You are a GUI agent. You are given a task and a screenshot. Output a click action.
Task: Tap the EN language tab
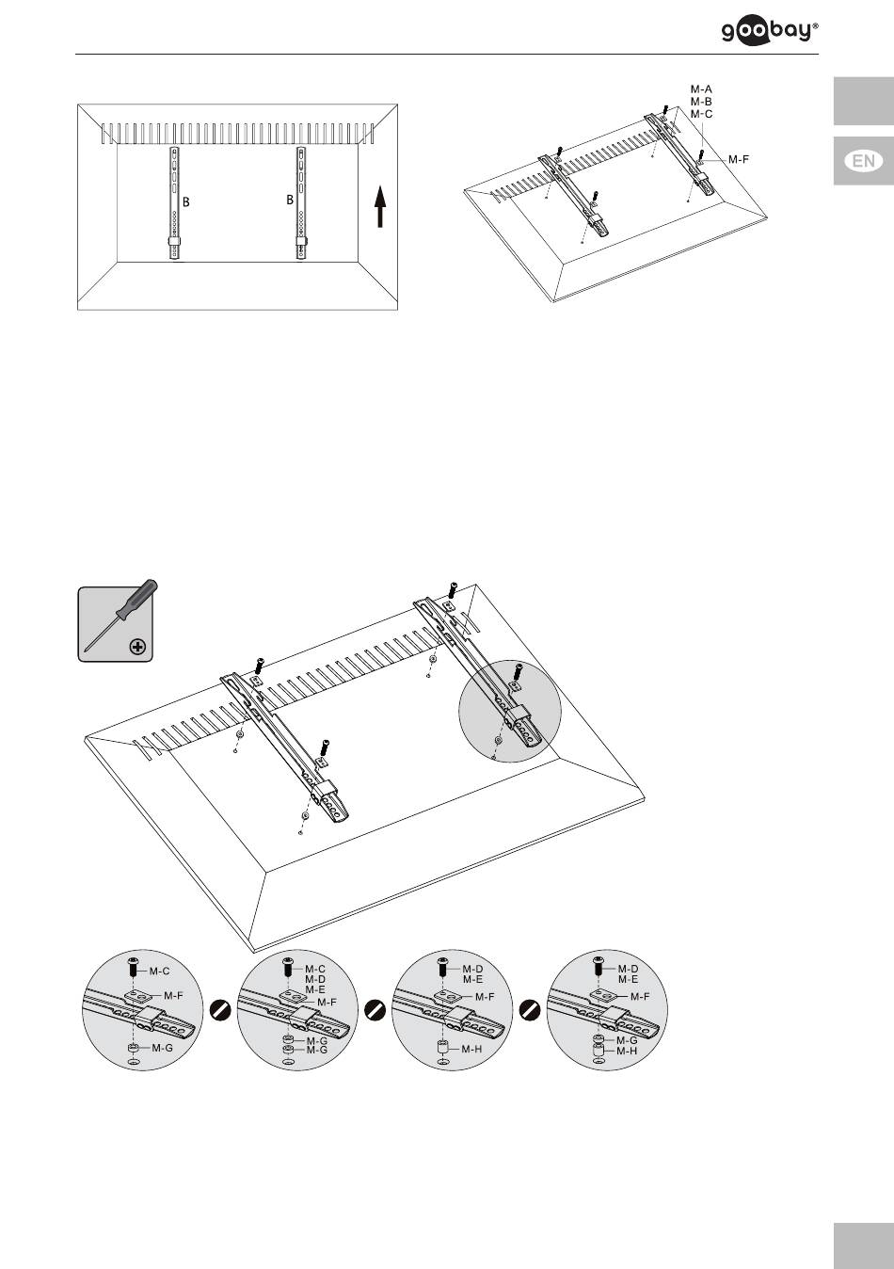(863, 161)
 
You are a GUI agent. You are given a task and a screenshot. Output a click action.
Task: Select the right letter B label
(291, 201)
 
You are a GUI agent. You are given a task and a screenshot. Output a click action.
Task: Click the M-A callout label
(701, 88)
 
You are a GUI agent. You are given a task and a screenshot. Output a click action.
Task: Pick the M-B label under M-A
(701, 101)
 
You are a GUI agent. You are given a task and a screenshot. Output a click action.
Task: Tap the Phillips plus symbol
(138, 647)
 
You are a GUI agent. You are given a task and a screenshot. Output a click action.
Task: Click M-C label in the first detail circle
(161, 970)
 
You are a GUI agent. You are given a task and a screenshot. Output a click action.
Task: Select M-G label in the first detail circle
(163, 1047)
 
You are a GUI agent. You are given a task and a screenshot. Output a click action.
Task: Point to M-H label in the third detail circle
(471, 1048)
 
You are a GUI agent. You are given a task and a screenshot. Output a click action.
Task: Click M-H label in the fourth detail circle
(627, 1051)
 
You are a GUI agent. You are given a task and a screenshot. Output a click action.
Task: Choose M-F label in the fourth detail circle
(640, 996)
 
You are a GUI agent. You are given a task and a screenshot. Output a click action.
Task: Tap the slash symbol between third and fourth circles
(531, 1010)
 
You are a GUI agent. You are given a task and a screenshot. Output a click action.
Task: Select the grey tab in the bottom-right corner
(863, 1245)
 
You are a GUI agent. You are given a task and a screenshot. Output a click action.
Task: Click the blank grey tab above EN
(863, 101)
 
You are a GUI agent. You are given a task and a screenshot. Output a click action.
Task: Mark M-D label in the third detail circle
(472, 970)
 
